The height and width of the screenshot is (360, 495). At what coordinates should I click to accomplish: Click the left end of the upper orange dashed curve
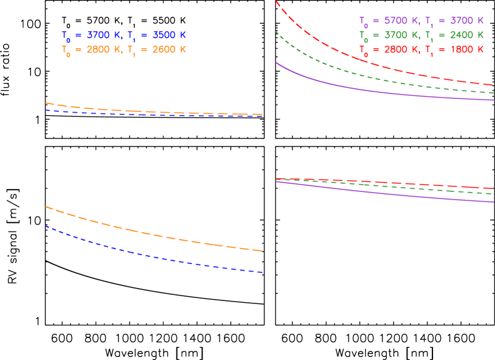coord(46,103)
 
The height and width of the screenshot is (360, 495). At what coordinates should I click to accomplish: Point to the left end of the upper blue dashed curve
coord(46,110)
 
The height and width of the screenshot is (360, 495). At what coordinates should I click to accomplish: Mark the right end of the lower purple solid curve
coord(493,201)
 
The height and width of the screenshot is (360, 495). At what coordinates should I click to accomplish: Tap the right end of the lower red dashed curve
coord(493,188)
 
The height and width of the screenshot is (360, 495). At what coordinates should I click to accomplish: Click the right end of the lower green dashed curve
coord(493,194)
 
